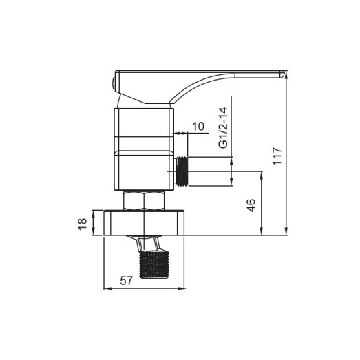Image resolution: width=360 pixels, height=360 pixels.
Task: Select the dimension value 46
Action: click(x=251, y=204)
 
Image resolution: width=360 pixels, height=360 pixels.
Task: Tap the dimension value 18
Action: click(x=83, y=223)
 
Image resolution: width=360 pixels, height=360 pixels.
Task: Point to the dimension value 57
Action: click(x=126, y=280)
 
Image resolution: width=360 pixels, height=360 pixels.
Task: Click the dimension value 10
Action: click(x=199, y=126)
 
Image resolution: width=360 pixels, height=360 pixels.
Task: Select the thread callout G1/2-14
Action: click(x=222, y=128)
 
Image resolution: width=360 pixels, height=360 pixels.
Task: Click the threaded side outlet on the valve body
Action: click(x=182, y=171)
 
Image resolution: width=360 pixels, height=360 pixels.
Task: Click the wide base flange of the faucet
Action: click(x=146, y=223)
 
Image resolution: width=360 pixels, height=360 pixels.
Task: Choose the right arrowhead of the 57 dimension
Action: click(x=185, y=288)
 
